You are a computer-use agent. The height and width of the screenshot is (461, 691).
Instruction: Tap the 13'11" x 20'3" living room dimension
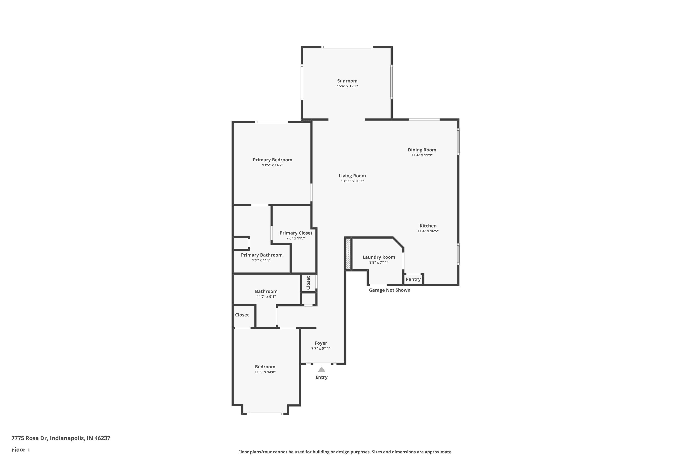pos(352,181)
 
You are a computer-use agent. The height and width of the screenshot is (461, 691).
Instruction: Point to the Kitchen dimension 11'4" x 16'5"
pos(428,231)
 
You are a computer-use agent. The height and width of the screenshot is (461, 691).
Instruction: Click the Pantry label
pos(413,279)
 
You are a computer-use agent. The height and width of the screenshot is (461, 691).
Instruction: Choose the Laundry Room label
pos(378,257)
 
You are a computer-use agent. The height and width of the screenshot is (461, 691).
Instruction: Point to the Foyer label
pos(321,343)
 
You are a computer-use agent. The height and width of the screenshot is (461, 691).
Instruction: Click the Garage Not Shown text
pos(389,290)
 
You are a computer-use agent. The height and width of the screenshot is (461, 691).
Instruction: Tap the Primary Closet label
pos(296,233)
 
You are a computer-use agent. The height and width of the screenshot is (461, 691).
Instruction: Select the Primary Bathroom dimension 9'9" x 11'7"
pos(261,260)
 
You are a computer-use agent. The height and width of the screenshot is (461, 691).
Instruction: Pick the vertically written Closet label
pos(308,283)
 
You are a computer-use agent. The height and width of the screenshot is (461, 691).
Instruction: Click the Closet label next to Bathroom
pos(242,315)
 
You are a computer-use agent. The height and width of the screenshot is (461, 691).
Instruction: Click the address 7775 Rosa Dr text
pos(61,438)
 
